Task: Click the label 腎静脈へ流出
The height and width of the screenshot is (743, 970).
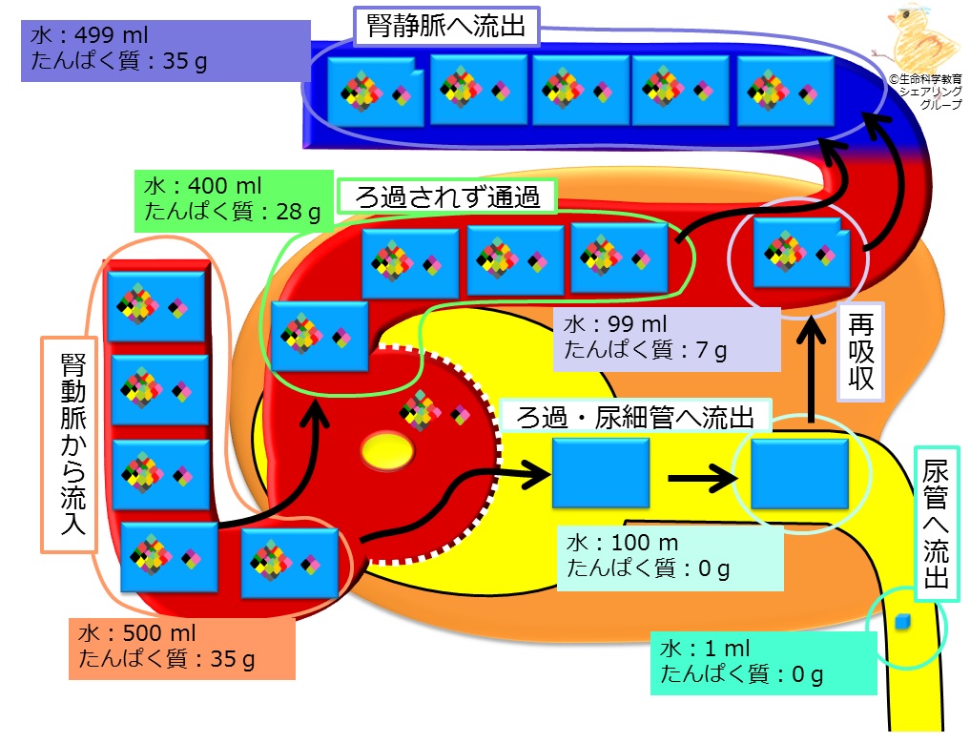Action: coord(446,27)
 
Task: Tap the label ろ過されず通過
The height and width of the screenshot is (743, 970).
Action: coord(447,196)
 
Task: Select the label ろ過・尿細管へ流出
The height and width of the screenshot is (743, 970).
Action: coord(634,418)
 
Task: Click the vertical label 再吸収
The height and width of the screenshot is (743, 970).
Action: coord(860,351)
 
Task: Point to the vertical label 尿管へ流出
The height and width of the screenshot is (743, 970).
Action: coord(937,524)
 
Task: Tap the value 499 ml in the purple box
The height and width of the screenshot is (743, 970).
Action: coord(112,35)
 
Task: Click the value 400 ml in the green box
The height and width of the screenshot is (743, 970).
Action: coord(224,186)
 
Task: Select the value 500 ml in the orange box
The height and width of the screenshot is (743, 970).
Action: coord(159,633)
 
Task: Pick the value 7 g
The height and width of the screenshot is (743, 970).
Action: coord(712,350)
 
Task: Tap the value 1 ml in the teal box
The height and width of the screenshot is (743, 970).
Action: coord(727,648)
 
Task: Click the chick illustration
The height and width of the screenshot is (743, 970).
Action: coord(918,37)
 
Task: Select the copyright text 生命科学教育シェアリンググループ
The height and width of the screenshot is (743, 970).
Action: coord(926,92)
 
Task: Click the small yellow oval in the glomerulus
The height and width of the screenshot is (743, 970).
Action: coord(387,451)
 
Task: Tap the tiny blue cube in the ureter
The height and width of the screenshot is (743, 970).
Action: coord(903,622)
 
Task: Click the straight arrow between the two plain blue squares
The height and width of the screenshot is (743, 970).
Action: coord(703,478)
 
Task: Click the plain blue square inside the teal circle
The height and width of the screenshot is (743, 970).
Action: coord(799,473)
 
